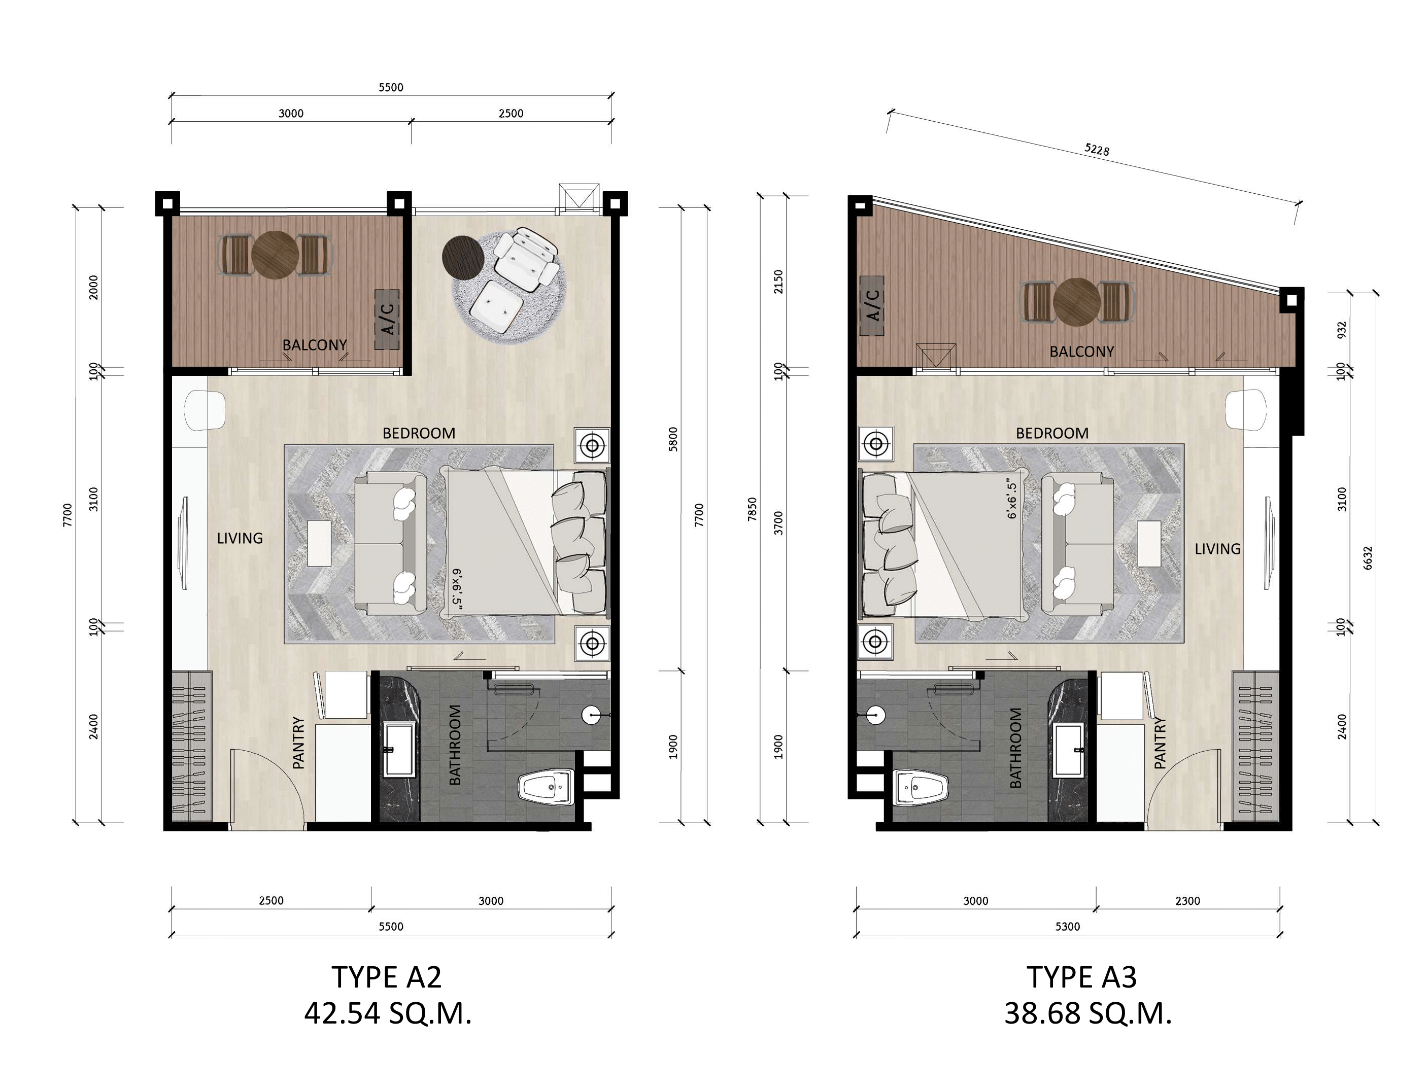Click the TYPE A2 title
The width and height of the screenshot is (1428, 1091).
(x=387, y=977)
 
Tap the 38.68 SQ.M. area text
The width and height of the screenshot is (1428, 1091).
(x=1088, y=1013)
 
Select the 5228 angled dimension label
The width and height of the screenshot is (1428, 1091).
(x=1097, y=149)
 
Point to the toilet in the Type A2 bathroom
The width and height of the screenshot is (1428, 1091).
(x=547, y=787)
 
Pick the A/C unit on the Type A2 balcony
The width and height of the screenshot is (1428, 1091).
(x=387, y=319)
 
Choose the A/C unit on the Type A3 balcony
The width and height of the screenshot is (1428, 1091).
(x=872, y=306)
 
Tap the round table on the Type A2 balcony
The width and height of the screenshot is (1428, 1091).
(x=275, y=255)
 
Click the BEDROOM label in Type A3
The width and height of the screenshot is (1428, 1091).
(x=1052, y=433)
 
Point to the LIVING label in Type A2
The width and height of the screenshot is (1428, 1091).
(x=240, y=538)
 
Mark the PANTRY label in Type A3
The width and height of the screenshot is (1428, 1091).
(x=1160, y=743)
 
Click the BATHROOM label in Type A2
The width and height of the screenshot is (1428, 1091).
(x=455, y=745)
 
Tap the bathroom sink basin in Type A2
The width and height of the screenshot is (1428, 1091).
(x=399, y=750)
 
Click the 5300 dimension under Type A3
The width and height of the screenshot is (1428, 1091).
(x=1067, y=927)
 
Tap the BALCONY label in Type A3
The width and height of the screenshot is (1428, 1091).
(x=1082, y=352)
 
